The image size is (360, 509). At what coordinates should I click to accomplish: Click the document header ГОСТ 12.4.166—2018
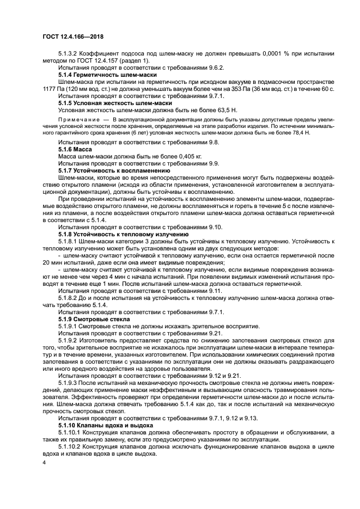click(72, 36)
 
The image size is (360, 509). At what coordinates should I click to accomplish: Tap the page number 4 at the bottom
click(44, 462)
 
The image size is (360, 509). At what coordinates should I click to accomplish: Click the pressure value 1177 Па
click(53, 89)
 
